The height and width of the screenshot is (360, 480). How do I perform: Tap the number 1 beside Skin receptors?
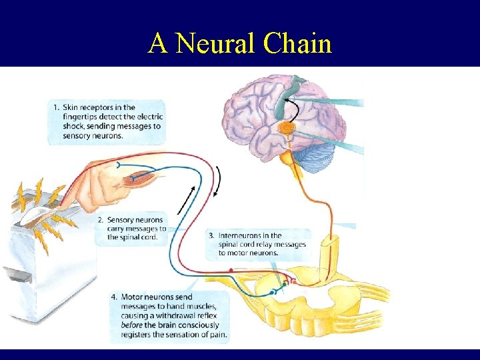click(x=56, y=107)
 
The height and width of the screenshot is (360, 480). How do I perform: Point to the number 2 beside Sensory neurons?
click(x=100, y=220)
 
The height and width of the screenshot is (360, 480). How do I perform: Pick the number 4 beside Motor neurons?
click(x=115, y=297)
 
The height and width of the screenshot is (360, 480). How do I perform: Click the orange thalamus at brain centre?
click(x=287, y=127)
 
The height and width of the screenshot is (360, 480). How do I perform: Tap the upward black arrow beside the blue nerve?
click(x=187, y=197)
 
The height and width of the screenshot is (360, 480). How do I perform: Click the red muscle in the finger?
click(x=141, y=178)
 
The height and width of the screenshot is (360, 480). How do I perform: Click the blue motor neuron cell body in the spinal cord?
click(x=273, y=292)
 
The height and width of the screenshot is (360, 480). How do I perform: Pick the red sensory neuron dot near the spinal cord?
click(x=231, y=269)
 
